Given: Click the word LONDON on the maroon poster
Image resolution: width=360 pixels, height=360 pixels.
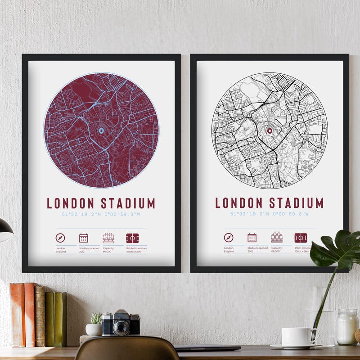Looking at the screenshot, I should [x=71, y=203].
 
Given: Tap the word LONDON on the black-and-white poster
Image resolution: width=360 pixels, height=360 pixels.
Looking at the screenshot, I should [x=239, y=203].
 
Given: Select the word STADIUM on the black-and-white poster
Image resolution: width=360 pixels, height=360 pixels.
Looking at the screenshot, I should [x=296, y=203].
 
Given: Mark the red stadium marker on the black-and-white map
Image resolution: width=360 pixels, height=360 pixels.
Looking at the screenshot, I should [x=270, y=131].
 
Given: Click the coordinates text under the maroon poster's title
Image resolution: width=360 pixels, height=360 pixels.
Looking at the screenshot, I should [x=101, y=214].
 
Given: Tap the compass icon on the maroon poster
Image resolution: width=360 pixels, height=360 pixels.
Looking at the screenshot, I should [x=60, y=238].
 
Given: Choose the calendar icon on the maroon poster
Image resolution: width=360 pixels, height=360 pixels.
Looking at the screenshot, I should [x=84, y=238].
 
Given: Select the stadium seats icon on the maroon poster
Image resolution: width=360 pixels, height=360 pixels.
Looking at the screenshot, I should [x=108, y=238].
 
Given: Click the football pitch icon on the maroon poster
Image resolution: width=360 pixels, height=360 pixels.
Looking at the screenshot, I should [x=132, y=238].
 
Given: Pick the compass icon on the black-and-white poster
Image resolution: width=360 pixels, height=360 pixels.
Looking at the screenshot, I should [x=229, y=238].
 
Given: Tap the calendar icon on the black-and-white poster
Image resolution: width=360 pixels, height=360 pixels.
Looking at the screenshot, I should [x=252, y=238].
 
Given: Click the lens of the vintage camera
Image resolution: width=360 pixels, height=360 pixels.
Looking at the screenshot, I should [x=121, y=327].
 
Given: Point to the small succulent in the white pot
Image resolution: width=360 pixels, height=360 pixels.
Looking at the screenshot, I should [x=96, y=319].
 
